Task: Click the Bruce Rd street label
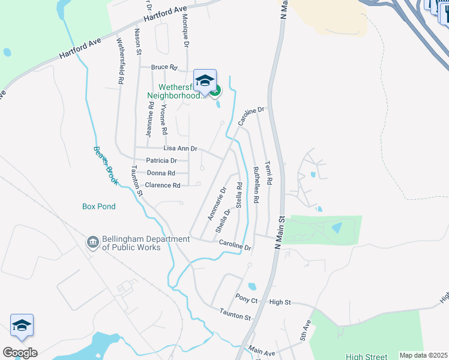164,67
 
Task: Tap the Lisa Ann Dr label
181,148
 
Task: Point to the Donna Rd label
161,173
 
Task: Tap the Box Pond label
99,206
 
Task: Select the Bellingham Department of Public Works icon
93,242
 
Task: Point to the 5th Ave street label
307,328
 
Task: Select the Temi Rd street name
268,173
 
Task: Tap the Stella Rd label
239,196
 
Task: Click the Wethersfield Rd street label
121,61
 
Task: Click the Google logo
20,353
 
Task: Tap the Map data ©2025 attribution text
423,355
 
